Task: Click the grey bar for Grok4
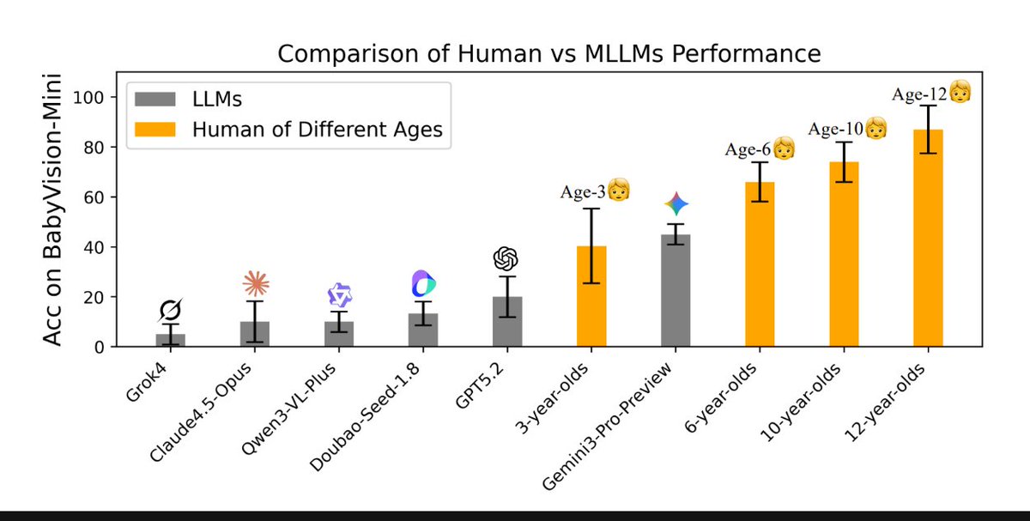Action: pos(170,341)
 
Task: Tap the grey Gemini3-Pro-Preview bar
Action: pos(676,291)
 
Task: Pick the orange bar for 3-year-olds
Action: pos(591,297)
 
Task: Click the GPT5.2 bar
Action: pos(506,322)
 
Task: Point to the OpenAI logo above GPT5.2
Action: pos(506,258)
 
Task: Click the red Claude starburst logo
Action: pos(255,282)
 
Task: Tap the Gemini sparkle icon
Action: pos(676,204)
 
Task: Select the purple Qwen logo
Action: pos(340,295)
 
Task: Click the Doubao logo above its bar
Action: pos(424,283)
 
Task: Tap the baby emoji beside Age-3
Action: pos(619,191)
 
